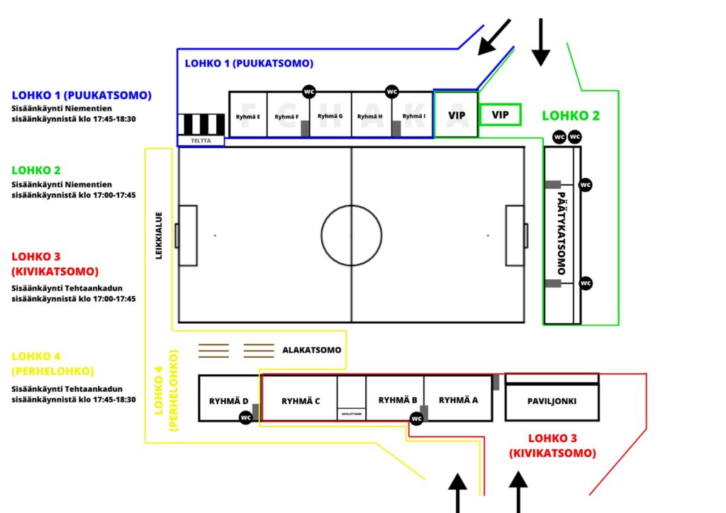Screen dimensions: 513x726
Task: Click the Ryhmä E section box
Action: point(248,115)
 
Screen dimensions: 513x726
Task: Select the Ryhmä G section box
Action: point(330,115)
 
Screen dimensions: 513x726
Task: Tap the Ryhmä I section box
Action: point(413,115)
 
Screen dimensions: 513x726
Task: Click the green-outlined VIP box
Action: point(500,115)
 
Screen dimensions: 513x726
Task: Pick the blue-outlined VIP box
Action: point(456,114)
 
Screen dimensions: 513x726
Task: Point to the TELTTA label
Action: point(201,141)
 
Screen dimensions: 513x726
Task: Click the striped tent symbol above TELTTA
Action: point(201,124)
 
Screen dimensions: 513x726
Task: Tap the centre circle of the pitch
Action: point(352,235)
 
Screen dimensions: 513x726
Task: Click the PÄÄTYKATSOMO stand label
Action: point(562,234)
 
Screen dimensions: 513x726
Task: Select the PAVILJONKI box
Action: point(552,401)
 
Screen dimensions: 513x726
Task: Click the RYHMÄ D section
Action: point(227,400)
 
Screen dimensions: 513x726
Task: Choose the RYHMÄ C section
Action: point(300,400)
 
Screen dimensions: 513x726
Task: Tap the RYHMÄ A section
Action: point(458,400)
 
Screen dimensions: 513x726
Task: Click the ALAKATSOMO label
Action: point(312,350)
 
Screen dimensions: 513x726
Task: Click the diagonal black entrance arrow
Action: point(494,37)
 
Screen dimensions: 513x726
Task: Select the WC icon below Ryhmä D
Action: point(246,417)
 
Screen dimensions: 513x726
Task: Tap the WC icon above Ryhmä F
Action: point(309,92)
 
